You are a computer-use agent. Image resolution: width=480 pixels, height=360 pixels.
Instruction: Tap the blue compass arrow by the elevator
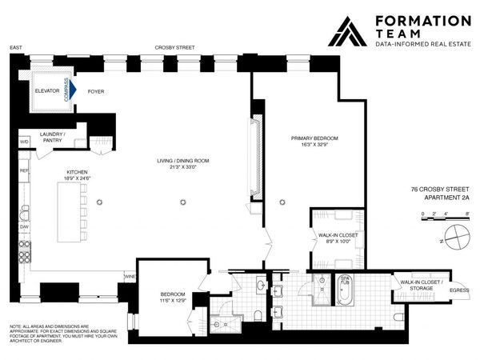point(71,91)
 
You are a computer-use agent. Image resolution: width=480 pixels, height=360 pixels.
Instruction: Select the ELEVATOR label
point(47,91)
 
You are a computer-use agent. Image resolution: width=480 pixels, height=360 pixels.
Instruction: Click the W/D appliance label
point(24,142)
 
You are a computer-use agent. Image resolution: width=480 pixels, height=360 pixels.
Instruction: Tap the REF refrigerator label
point(24,171)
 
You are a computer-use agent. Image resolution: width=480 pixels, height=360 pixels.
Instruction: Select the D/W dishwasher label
point(24,226)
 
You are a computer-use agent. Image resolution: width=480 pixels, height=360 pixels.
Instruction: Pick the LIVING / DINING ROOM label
point(182,161)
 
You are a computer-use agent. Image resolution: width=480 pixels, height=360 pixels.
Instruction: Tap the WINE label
point(130,277)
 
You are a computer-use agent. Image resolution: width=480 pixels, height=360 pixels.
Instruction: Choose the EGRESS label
point(459,290)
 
